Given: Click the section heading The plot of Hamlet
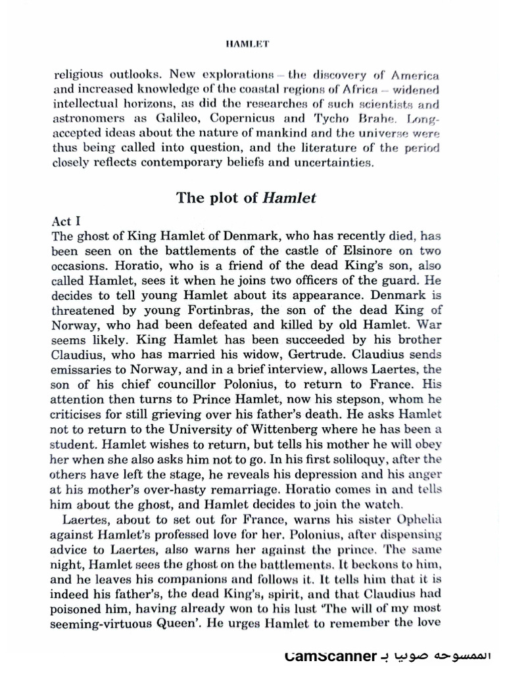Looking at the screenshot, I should click(246, 198).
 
